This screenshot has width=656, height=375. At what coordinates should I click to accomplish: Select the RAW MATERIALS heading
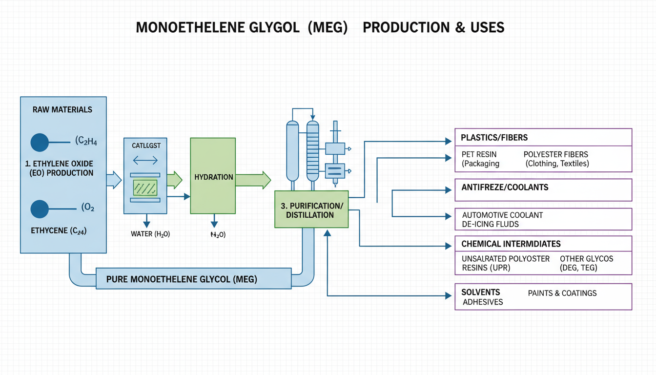(x=62, y=109)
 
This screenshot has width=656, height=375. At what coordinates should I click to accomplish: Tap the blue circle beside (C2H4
(x=40, y=142)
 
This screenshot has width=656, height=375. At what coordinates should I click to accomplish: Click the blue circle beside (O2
(x=40, y=209)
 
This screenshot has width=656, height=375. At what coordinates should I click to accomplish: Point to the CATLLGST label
(x=145, y=145)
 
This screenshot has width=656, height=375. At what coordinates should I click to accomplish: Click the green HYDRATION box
(x=213, y=176)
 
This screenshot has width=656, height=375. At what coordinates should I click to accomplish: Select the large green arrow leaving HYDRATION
(x=253, y=180)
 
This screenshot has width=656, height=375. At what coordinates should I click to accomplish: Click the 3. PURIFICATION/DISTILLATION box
(x=312, y=209)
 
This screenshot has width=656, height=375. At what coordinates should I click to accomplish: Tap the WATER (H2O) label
(x=150, y=234)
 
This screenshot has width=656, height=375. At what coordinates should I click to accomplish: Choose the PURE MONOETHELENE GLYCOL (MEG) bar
(x=182, y=279)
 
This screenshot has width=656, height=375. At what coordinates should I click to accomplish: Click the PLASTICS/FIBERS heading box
(x=543, y=138)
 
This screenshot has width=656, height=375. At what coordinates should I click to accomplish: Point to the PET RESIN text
(x=479, y=154)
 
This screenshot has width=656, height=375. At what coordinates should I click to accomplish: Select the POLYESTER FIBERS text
(x=555, y=154)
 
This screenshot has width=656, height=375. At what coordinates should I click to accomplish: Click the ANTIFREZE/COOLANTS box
(x=543, y=190)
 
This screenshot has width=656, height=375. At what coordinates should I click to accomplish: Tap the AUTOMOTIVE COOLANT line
(x=502, y=215)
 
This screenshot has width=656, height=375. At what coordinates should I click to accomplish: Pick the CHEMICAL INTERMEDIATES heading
(x=511, y=244)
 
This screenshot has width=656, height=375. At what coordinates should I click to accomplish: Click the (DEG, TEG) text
(x=578, y=268)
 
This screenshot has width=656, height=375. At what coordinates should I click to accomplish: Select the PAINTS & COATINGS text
(x=562, y=293)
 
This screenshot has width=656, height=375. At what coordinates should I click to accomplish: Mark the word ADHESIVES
(x=482, y=302)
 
